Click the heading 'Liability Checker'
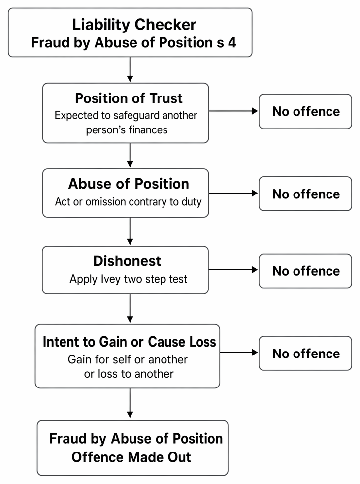coord(134,25)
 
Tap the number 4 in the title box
coord(232,43)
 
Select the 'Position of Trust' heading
coord(129,98)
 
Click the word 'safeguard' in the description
coord(136,115)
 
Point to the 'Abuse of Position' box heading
coord(129,184)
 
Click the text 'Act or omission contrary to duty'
coord(128,202)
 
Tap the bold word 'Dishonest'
coord(127,261)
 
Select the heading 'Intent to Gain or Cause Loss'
coord(130,342)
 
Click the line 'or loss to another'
coord(129,374)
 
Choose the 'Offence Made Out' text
coord(131,457)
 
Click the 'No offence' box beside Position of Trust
coord(305,111)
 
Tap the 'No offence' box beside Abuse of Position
coord(305,194)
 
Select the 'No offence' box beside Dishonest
coord(305,271)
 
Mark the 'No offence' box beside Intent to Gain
coord(305,354)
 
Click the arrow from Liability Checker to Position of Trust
coord(130,69)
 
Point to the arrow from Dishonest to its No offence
coord(233,270)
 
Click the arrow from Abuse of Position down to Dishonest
coord(130,231)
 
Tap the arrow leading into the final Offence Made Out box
coord(130,403)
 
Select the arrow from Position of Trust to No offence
coord(233,111)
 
